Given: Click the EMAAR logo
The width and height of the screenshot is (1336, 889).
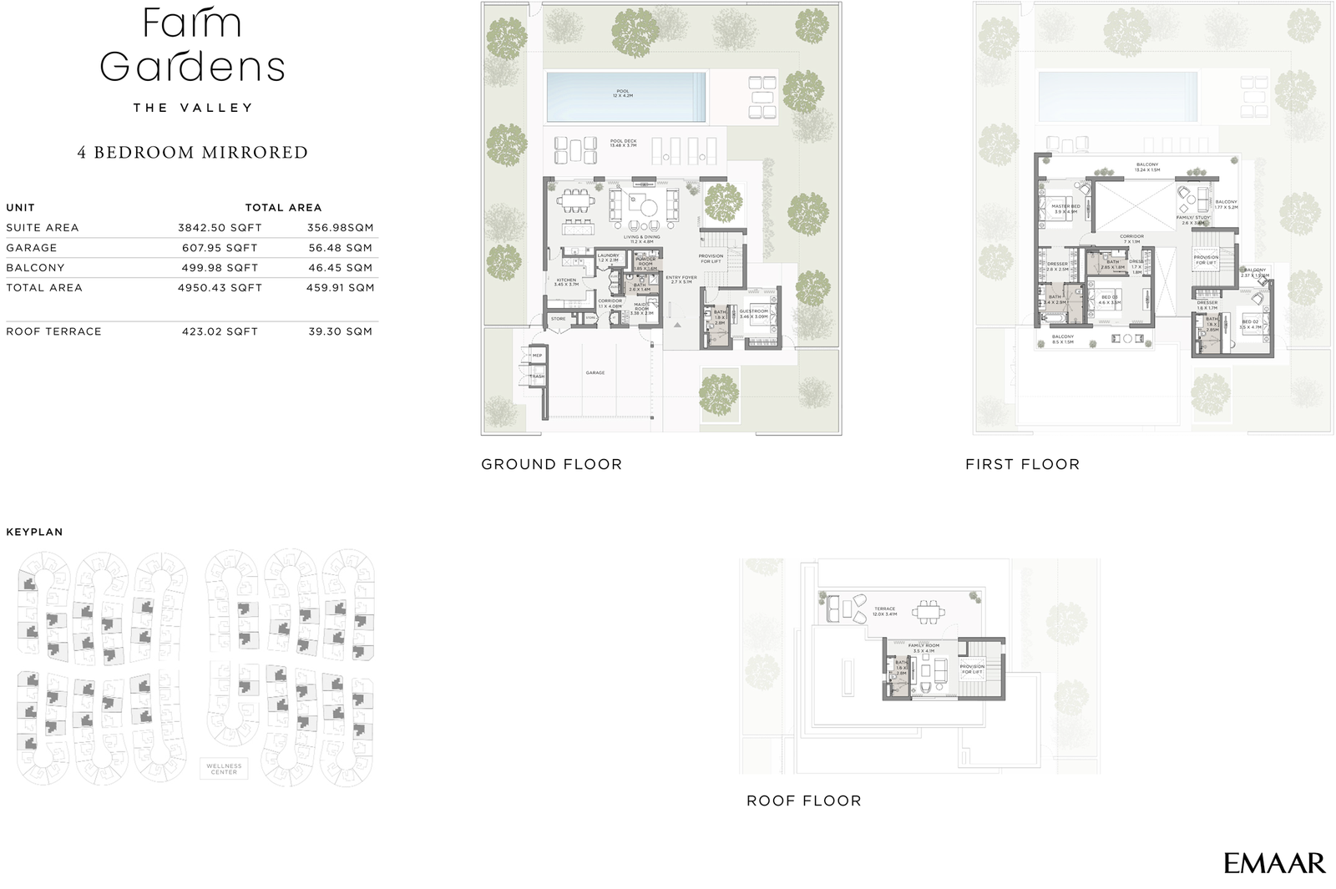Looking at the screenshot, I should [1274, 863].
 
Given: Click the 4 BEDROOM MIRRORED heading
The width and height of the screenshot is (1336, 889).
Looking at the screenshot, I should [193, 153].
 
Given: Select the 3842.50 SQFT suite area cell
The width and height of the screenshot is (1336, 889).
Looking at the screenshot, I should [220, 228].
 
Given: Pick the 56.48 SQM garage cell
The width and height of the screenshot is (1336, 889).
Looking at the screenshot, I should [340, 248].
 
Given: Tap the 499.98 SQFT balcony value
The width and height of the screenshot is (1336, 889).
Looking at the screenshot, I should [220, 268].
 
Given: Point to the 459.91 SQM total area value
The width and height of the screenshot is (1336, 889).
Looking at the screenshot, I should [340, 288].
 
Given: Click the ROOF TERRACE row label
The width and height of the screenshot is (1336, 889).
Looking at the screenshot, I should [53, 331].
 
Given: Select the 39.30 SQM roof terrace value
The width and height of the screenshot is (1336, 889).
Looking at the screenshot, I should [340, 331].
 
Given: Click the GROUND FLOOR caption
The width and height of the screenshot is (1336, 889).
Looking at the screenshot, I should [551, 464].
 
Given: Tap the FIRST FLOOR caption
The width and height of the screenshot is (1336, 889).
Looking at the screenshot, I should [1022, 464].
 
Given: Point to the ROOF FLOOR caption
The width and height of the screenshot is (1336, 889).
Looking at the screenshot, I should [803, 801].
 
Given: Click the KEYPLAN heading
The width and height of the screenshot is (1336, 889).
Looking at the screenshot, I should [34, 532].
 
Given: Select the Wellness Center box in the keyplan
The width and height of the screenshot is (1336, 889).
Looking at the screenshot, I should [224, 768].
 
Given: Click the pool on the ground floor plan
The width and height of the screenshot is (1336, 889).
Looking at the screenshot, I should [625, 96].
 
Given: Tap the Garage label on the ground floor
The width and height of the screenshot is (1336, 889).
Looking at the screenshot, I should [595, 373].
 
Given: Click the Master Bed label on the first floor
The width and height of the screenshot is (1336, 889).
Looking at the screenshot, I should [1065, 207].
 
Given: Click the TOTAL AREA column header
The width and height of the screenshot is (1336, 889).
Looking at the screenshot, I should [283, 208].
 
